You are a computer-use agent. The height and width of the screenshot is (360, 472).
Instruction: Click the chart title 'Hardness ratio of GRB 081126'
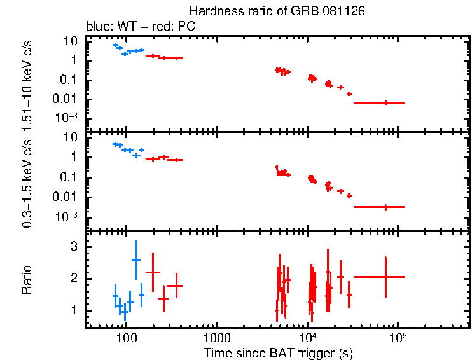(277, 12)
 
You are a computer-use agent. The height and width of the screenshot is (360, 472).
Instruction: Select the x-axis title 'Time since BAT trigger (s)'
(278, 352)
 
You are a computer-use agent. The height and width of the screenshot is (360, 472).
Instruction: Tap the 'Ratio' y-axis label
(27, 279)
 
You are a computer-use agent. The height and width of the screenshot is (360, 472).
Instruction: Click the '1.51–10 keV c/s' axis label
(27, 83)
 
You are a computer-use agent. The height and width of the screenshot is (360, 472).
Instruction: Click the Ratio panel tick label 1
(73, 310)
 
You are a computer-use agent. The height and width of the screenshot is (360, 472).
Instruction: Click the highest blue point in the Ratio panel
(135, 260)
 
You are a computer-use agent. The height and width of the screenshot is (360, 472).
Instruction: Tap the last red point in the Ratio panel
(385, 277)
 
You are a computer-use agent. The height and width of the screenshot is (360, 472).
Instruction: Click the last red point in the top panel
(385, 102)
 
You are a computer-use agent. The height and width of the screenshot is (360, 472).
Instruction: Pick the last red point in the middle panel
(385, 207)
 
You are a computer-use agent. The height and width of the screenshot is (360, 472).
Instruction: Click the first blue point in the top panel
(115, 45)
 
